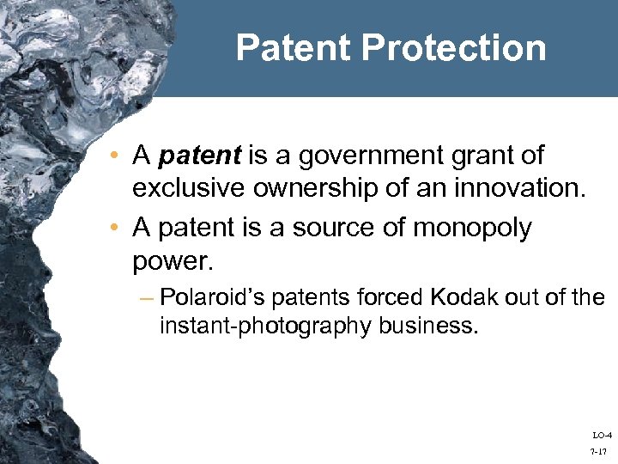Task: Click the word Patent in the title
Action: click(x=294, y=47)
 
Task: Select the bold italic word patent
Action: click(x=201, y=156)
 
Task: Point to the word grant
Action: click(x=470, y=156)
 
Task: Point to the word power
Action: click(x=169, y=259)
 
